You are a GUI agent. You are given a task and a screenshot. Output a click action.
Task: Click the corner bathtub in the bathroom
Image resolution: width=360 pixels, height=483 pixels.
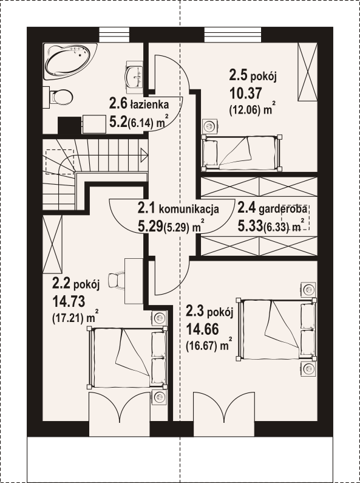[70, 61]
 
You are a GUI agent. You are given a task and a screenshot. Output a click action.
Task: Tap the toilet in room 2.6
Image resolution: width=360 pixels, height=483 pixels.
[58, 97]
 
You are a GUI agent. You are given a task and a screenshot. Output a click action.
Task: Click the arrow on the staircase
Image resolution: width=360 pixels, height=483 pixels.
[144, 155]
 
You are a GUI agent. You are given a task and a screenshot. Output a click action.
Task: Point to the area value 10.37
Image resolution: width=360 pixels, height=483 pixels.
[246, 94]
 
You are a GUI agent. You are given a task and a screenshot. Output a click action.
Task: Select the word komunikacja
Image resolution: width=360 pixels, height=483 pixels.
[189, 209]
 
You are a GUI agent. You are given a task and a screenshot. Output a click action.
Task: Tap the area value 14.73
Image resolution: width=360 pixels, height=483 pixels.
[69, 301]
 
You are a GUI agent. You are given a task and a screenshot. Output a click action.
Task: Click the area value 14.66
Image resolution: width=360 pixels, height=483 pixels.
[202, 329]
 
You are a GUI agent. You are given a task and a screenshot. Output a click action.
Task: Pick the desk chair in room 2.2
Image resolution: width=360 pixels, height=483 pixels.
[116, 280]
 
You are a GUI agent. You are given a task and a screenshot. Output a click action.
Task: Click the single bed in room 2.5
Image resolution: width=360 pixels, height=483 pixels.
[241, 152]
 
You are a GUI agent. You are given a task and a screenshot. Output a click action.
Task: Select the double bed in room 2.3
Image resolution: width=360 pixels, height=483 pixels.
[276, 329]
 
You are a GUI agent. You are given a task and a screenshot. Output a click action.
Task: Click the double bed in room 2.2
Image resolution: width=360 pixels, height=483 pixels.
[127, 357]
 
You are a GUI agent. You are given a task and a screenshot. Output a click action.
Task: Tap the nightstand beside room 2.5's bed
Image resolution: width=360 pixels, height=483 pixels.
[210, 126]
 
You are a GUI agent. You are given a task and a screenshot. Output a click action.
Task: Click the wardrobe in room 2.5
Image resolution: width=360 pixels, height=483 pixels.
[307, 72]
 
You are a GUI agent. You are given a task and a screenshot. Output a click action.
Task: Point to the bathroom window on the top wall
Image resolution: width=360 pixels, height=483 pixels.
[114, 35]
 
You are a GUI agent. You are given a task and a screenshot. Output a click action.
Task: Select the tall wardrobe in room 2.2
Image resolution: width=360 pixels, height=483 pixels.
[52, 244]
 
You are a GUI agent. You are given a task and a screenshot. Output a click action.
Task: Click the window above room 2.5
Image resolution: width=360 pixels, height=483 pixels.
[233, 35]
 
